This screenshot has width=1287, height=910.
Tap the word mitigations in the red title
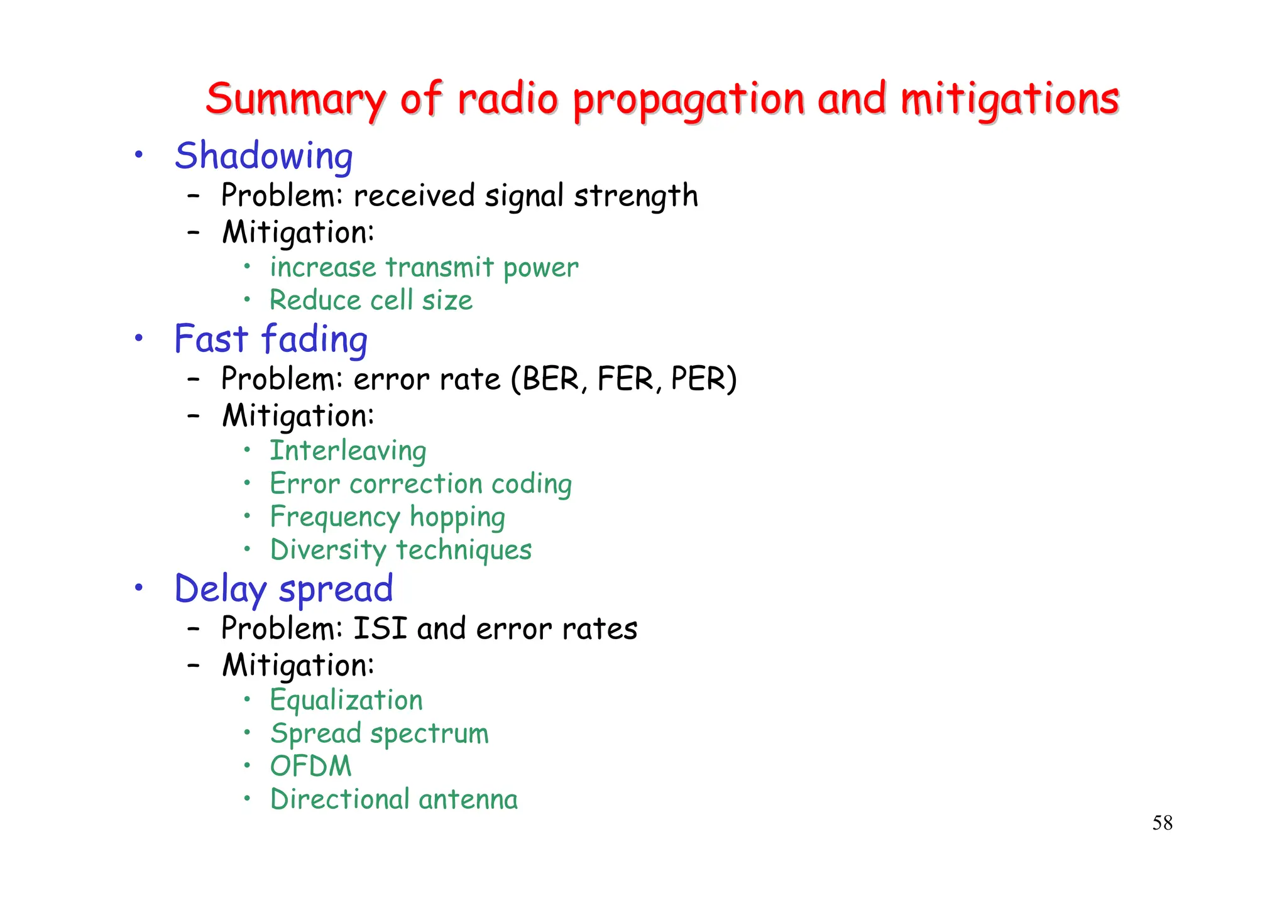coord(1009,99)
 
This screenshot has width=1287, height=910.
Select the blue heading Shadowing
coord(263,156)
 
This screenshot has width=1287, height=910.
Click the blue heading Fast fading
coord(271,339)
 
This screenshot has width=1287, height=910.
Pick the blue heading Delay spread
coord(283,589)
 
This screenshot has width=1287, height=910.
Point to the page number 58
coord(1162,823)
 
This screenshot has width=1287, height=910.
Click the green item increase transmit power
coord(424,268)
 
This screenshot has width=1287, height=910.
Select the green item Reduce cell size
coord(371,300)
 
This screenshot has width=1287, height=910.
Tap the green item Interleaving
coord(348,451)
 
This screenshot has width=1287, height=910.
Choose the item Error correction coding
coord(421,484)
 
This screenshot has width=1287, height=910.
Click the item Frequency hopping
coord(388,517)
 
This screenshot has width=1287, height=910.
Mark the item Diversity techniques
coord(401,550)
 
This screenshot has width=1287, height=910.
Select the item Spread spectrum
coord(380,733)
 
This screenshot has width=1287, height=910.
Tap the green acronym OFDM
coord(310,766)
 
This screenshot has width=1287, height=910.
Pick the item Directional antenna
coord(394,799)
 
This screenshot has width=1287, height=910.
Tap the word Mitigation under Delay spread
coord(298,666)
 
